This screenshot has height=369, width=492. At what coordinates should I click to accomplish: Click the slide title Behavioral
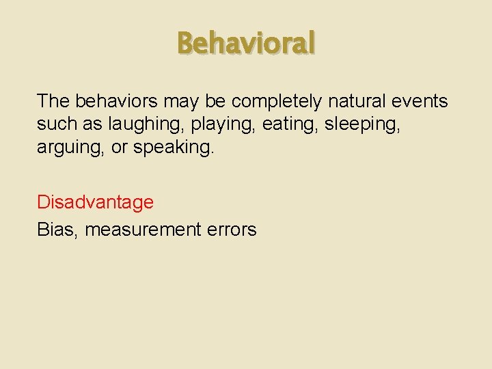tap(246, 44)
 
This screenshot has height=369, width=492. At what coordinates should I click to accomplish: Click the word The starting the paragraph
tap(53, 102)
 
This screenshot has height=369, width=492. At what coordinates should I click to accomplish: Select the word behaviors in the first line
tap(117, 102)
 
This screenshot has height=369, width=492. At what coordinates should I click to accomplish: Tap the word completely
tap(277, 102)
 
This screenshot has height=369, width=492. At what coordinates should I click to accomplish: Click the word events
tap(421, 102)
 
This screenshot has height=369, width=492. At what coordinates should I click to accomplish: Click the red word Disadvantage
tap(95, 202)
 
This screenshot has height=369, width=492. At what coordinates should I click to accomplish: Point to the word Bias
tap(57, 230)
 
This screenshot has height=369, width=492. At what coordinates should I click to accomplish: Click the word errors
tap(234, 230)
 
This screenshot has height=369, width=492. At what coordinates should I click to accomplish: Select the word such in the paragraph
tap(55, 125)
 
